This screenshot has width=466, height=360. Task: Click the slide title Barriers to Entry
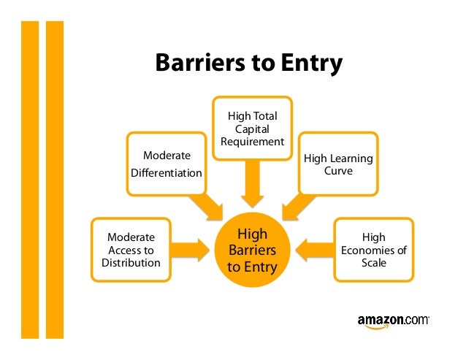tap(248, 64)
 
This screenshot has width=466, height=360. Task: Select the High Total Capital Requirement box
tap(252, 129)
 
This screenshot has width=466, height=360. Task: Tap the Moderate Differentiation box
tap(167, 164)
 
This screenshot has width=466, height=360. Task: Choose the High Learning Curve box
tap(337, 164)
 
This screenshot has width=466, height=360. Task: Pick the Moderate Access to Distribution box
tap(131, 250)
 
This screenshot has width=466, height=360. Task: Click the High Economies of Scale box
tap(373, 250)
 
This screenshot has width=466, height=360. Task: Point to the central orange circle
tap(252, 250)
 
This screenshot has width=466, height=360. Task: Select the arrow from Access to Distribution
tap(190, 250)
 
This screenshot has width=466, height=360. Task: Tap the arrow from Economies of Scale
tap(314, 250)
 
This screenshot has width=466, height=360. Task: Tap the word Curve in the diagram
tap(338, 171)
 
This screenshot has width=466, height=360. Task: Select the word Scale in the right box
tap(373, 263)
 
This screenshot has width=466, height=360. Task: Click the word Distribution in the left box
tap(131, 263)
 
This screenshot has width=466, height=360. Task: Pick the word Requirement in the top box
tap(252, 142)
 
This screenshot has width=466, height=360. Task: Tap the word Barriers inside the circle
tap(252, 250)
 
